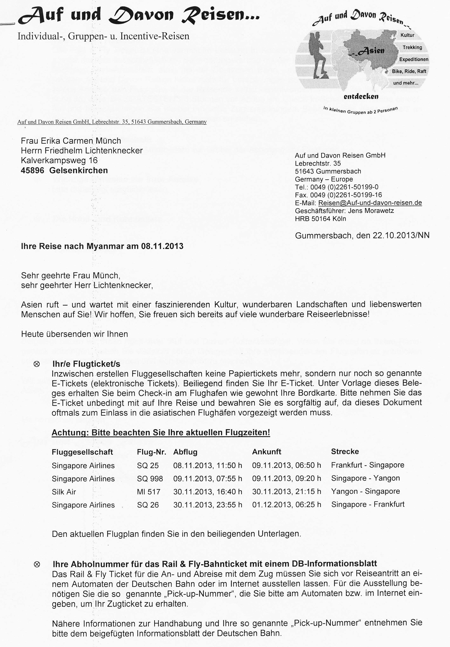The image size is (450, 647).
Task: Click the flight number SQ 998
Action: click(x=150, y=478)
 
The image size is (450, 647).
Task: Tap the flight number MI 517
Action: click(x=148, y=492)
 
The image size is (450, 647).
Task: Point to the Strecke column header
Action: click(x=345, y=451)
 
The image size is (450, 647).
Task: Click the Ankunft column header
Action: click(x=266, y=452)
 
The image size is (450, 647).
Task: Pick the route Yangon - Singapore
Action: click(x=365, y=491)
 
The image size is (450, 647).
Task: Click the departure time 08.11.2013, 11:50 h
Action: click(x=208, y=465)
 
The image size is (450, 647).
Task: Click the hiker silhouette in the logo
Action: click(x=319, y=55)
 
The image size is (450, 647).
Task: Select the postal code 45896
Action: click(x=32, y=170)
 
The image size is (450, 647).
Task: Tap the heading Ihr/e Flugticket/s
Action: click(x=86, y=364)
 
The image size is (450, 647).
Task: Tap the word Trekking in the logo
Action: click(x=412, y=47)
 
